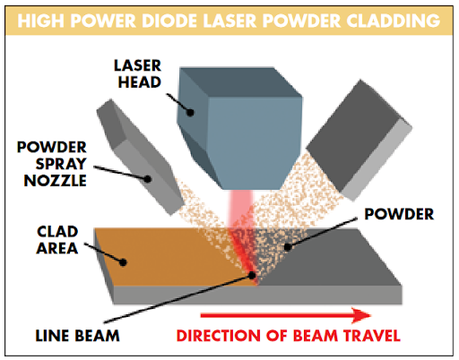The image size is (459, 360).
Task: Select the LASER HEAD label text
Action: pyautogui.click(x=138, y=73)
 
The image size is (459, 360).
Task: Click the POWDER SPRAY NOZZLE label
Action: pyautogui.click(x=52, y=164)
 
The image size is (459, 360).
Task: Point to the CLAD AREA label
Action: pyautogui.click(x=57, y=240)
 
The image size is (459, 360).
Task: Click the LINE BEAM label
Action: pyautogui.click(x=78, y=336)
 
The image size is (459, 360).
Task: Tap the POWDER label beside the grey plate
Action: pyautogui.click(x=399, y=214)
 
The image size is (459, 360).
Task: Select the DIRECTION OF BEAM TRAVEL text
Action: pyautogui.click(x=289, y=336)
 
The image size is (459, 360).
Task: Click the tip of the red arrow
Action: pyautogui.click(x=371, y=315)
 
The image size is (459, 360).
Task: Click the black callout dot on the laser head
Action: pyautogui.click(x=190, y=113)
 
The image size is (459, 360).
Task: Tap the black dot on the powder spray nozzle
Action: pyautogui.click(x=148, y=179)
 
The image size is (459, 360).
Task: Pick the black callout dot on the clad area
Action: pyautogui.click(x=123, y=262)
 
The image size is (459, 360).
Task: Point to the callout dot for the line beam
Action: pyautogui.click(x=252, y=275)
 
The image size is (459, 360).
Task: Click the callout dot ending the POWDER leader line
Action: pyautogui.click(x=287, y=247)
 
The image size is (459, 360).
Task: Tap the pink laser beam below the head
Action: pyautogui.click(x=241, y=208)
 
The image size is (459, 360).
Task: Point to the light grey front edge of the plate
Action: pyautogui.click(x=257, y=295)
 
